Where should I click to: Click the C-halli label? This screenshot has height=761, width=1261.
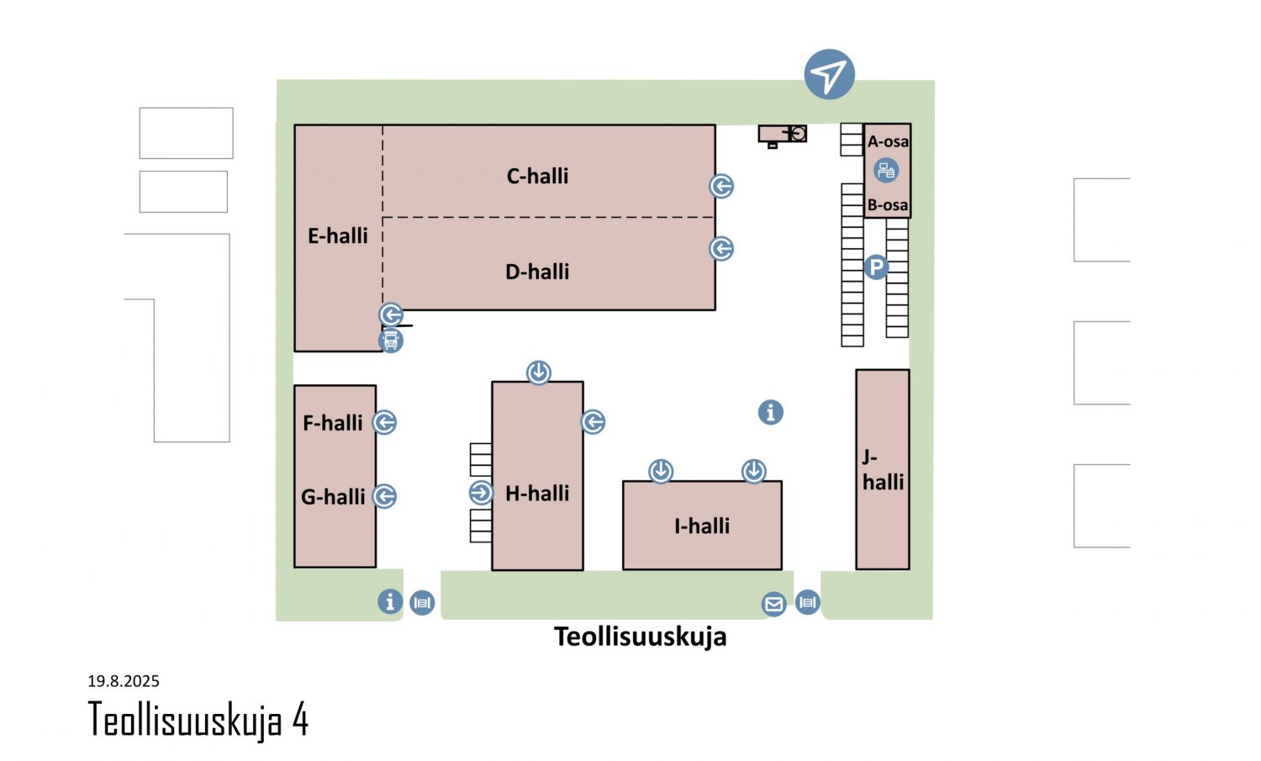[537, 176]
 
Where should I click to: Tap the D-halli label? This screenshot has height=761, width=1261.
[537, 272]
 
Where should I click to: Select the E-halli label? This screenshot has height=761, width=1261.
[338, 235]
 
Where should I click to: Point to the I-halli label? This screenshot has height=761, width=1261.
[702, 526]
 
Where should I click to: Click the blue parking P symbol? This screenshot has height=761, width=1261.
[877, 267]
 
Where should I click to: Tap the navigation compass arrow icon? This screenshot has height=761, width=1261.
[829, 74]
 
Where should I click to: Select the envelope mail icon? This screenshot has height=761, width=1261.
[774, 605]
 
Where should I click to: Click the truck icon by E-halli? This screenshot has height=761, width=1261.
[391, 341]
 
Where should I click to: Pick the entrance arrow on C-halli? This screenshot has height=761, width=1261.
[721, 186]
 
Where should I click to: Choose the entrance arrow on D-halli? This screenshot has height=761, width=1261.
[721, 248]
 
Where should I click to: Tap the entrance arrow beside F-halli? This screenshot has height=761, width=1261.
[384, 422]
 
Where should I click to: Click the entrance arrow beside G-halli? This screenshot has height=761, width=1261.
[384, 496]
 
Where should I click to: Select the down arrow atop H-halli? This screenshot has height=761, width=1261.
[539, 373]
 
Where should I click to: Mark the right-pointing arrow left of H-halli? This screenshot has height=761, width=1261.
[482, 493]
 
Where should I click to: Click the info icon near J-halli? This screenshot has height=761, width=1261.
[771, 412]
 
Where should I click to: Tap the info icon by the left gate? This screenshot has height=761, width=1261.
[390, 601]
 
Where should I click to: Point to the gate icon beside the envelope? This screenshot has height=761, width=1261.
[808, 602]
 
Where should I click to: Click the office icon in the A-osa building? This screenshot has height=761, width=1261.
[886, 170]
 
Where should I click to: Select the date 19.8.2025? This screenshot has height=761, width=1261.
[124, 681]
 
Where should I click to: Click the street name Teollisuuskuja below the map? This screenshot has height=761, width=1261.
[640, 637]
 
